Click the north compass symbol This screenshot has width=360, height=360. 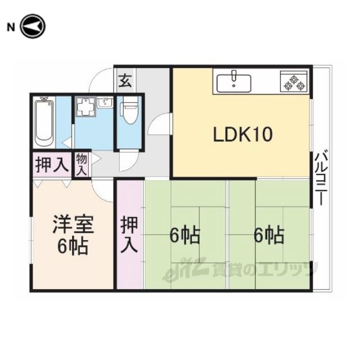coord(33,26)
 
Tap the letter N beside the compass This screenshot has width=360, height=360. coord(11,28)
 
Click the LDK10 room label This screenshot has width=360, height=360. coord(243,134)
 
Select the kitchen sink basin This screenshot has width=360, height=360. coord(234,83)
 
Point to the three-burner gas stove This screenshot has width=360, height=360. coord(294,82)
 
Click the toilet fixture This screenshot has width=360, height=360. coord(130,110)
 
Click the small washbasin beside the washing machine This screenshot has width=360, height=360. coord(105,102)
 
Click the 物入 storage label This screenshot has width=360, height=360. coord(82,165)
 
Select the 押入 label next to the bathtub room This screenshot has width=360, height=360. coord(52,164)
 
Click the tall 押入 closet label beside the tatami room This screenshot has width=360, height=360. coord(130,235)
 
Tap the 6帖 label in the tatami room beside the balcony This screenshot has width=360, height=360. coord(269,235)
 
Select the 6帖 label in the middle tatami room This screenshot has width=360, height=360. coord(185,235)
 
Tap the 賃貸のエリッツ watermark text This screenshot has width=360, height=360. coord(265,270)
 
